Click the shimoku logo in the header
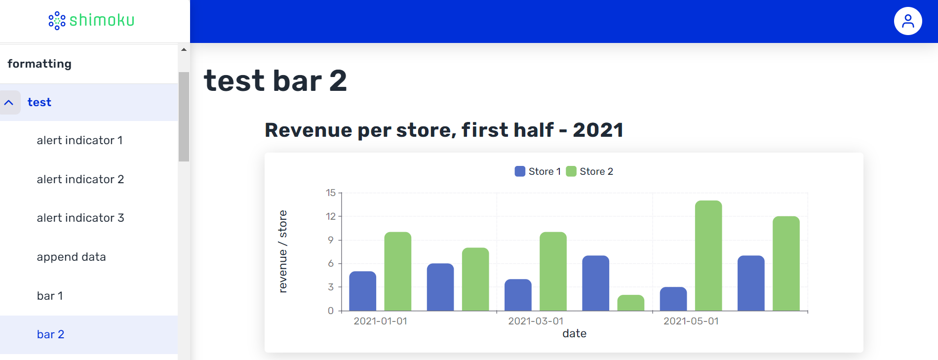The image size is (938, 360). pos(91,20)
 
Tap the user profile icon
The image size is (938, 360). pos(908,21)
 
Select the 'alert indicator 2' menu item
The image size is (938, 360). pos(80,179)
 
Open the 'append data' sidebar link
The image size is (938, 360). pos(72,257)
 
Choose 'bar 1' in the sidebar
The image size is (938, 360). pos(50,296)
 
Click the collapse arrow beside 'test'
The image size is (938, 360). pos(9,102)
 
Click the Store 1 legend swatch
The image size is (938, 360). pos(520,171)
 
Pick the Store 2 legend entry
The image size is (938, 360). pos(590,171)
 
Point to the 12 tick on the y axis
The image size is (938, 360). pos(331,216)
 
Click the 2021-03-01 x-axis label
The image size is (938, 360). pos(536,321)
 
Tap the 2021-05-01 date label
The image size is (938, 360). pos(691,321)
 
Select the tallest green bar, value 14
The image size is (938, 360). pos(708,256)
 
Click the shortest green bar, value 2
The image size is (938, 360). pos(631,303)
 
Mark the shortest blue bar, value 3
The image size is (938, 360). pos(673,299)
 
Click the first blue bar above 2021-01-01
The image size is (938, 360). pos(363,291)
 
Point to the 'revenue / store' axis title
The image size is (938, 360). pos(283,251)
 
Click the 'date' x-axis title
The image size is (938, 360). pos(575,334)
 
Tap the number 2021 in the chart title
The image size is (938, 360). pos(598,130)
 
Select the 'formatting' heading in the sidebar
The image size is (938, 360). pos(39,64)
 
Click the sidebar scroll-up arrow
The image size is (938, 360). pos(184,49)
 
